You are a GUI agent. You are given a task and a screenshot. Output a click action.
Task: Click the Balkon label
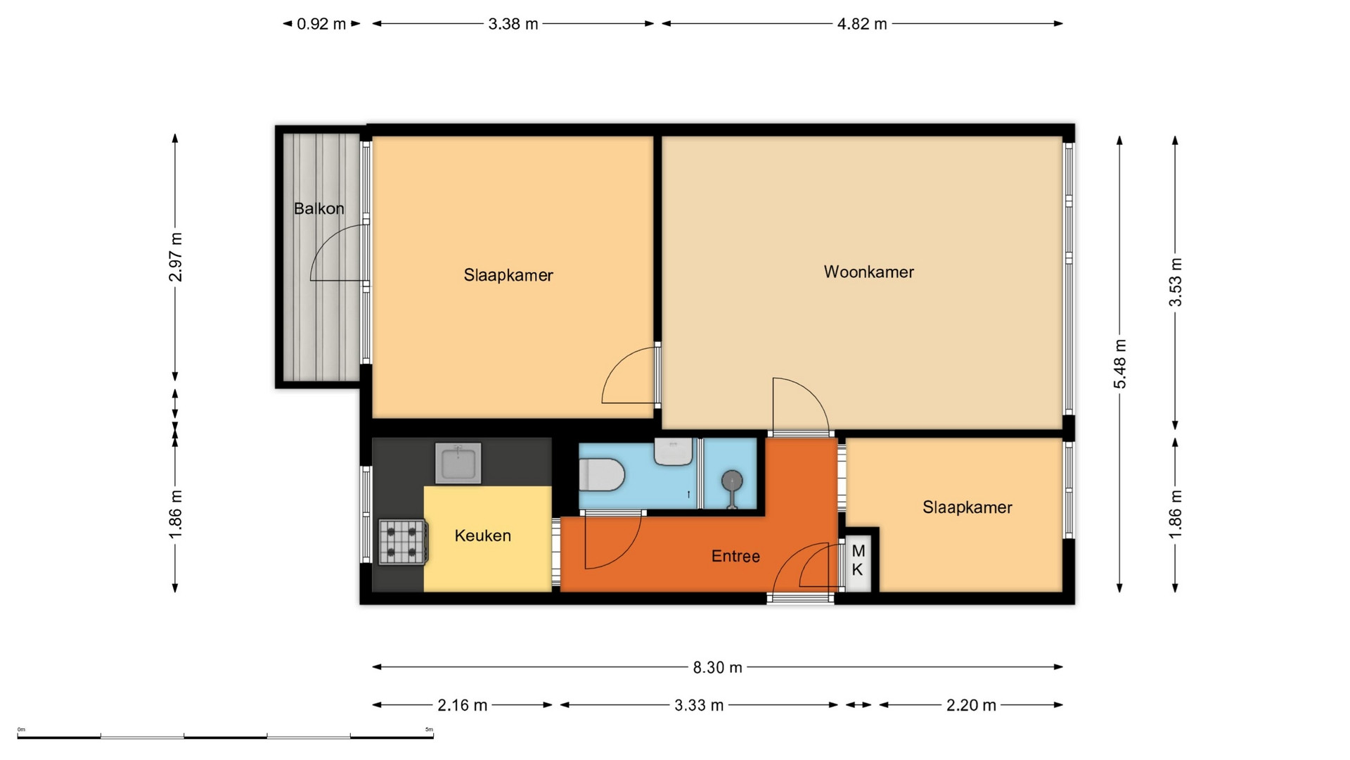tap(319, 208)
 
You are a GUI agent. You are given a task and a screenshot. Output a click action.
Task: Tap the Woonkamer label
tap(869, 272)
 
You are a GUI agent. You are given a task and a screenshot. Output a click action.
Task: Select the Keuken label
tap(482, 536)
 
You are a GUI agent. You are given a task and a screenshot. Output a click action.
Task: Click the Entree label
tap(735, 556)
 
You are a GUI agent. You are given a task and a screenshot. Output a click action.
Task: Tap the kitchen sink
tap(458, 463)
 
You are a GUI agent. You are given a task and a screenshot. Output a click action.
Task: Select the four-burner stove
tap(403, 542)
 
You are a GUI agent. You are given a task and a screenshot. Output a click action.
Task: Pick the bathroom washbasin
tap(674, 451)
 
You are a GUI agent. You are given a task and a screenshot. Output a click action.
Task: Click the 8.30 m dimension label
tap(717, 667)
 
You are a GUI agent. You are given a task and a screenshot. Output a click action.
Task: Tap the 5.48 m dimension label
tap(1119, 364)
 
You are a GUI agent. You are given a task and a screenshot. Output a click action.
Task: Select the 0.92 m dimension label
tap(321, 24)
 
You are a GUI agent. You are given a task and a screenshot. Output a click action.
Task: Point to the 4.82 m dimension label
tap(862, 24)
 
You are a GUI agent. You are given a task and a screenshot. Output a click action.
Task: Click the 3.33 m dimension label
tap(699, 705)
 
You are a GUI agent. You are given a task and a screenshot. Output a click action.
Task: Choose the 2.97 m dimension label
tap(175, 257)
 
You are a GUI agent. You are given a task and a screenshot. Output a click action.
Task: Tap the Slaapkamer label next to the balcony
tap(508, 275)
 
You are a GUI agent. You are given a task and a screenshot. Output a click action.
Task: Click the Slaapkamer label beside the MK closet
tap(967, 507)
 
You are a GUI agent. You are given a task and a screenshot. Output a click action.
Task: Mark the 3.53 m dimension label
tap(1175, 282)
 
